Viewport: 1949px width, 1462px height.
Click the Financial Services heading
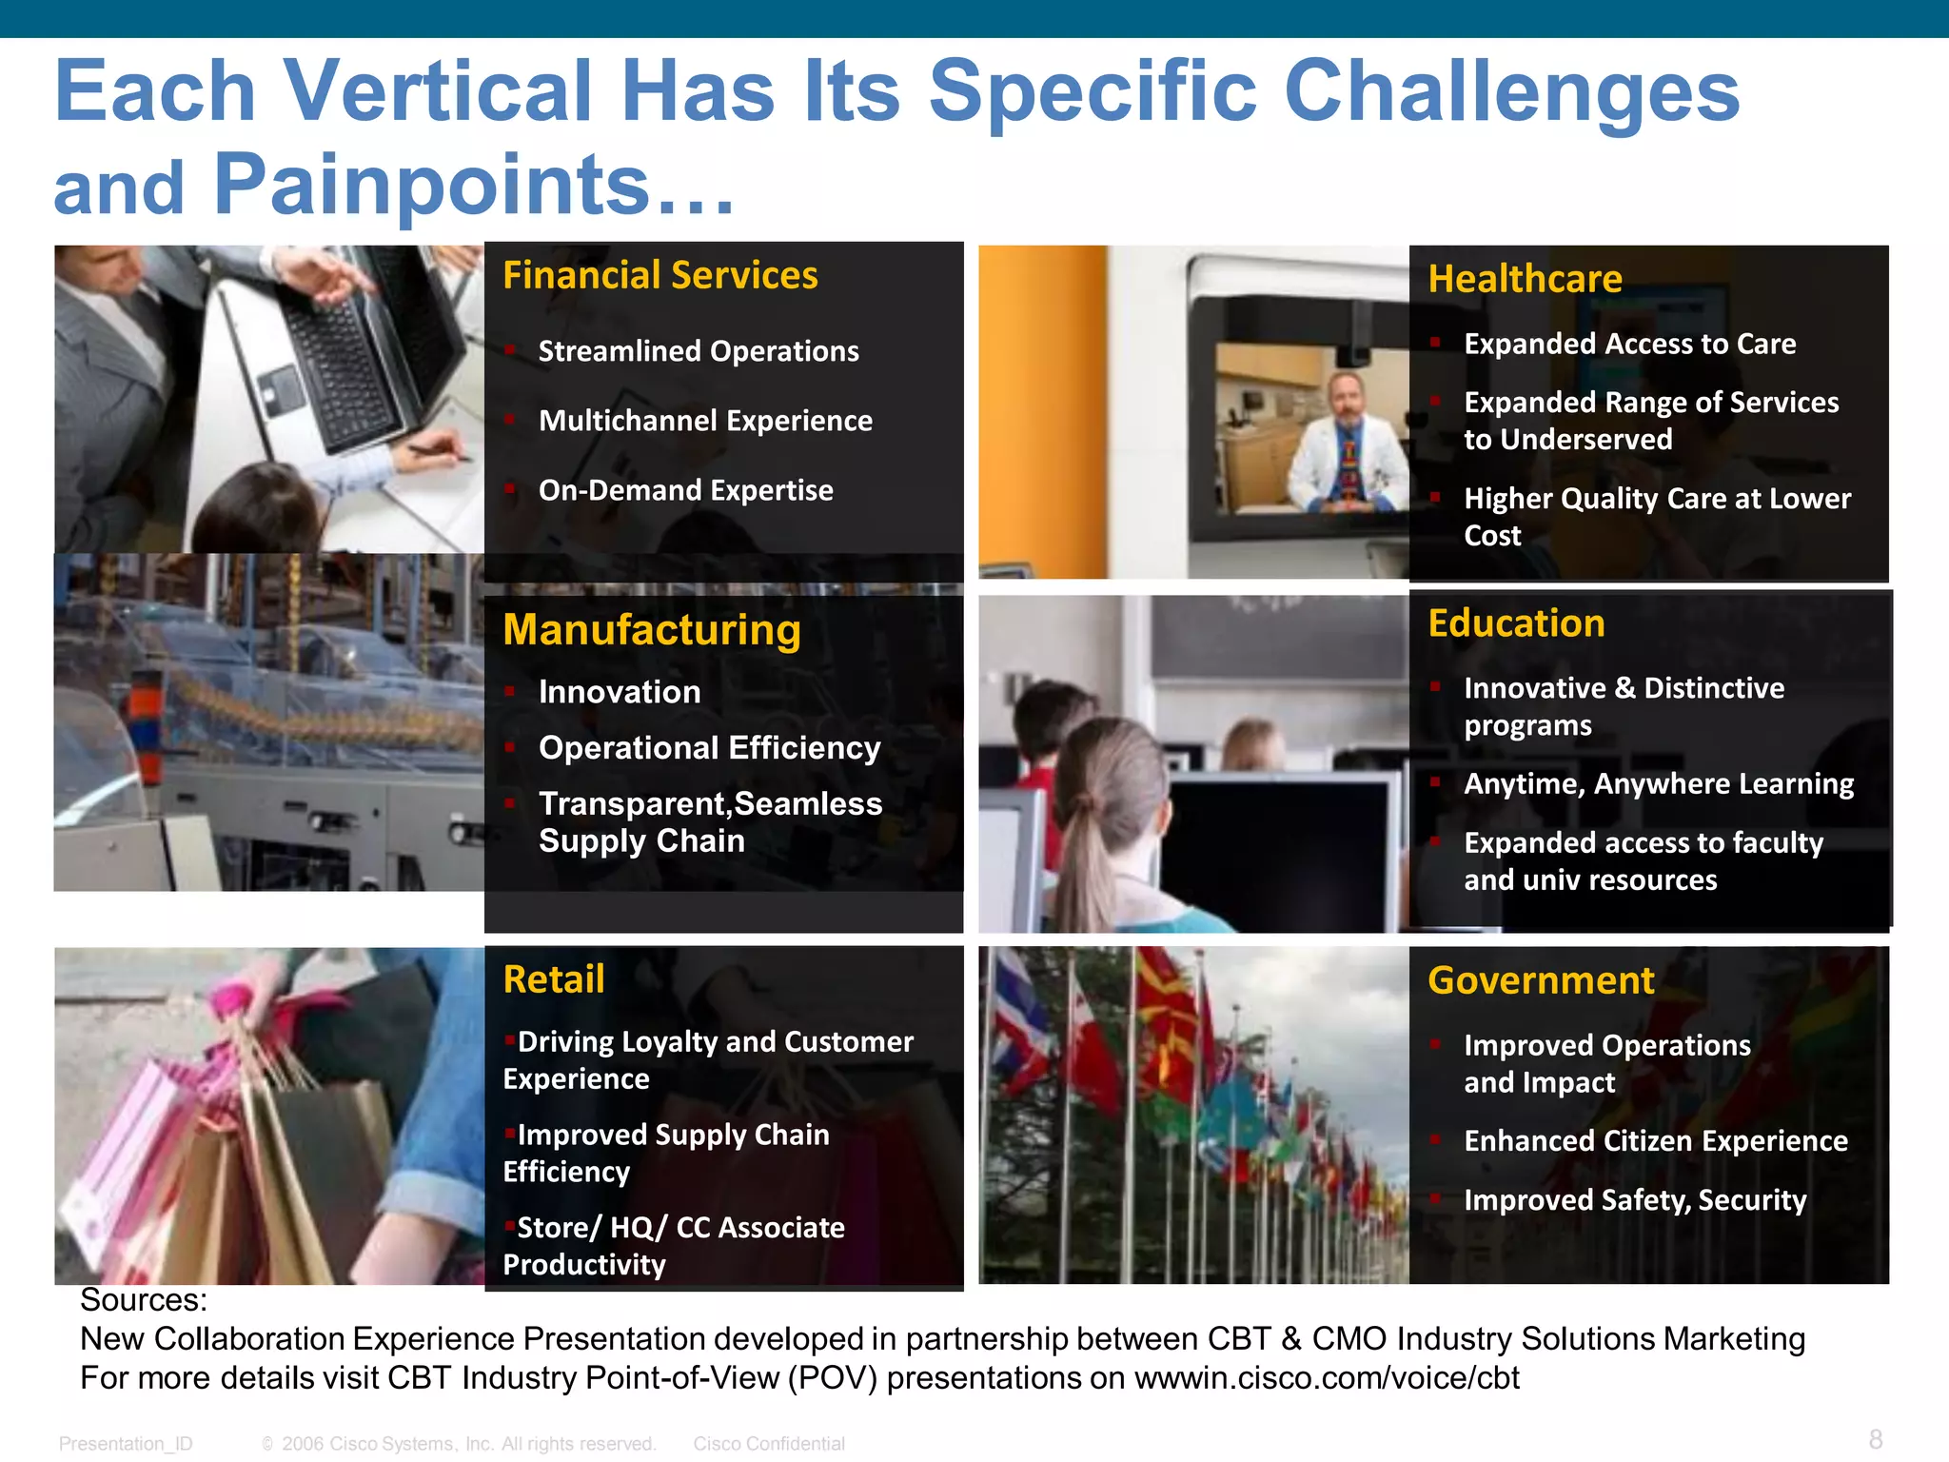(660, 276)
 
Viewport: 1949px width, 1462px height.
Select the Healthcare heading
(1525, 280)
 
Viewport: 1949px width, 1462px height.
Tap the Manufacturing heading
(652, 630)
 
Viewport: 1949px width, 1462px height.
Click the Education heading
(1516, 623)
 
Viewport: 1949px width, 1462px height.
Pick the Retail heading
(554, 979)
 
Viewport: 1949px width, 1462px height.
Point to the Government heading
(1541, 980)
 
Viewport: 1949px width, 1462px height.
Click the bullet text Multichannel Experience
(705, 421)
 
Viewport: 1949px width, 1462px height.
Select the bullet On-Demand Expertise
(685, 490)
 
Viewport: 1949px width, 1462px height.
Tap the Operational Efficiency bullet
(709, 748)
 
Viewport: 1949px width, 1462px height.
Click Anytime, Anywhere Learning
(1659, 783)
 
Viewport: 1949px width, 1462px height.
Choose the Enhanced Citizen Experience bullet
(1656, 1140)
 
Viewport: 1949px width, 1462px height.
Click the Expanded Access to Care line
(1629, 344)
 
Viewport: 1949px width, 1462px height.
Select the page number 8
(1875, 1439)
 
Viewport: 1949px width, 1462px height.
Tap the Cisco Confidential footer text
(769, 1444)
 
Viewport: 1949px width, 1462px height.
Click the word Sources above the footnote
(143, 1300)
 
